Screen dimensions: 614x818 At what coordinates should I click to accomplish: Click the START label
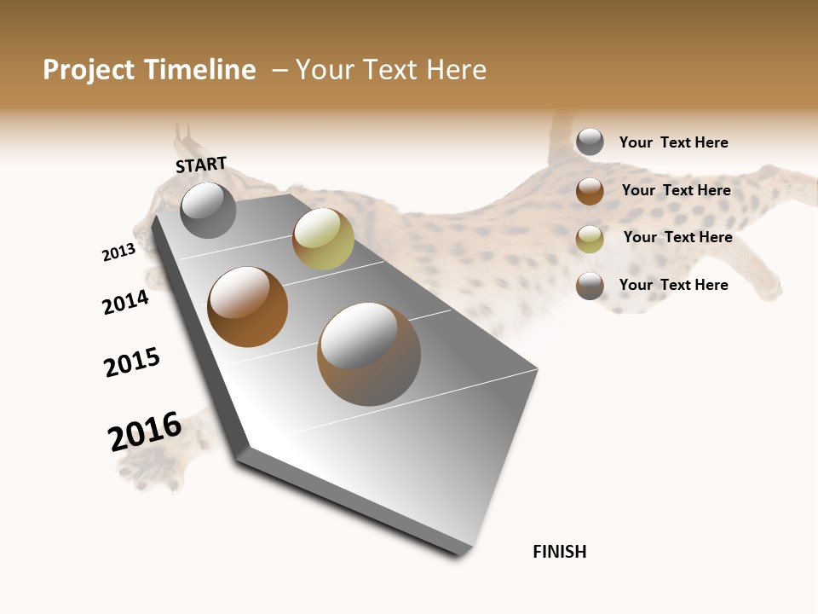coord(201,165)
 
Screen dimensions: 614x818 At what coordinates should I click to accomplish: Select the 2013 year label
coord(118,252)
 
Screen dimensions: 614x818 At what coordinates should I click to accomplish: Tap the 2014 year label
coord(125,302)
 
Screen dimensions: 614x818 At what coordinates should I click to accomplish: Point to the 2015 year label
coord(132,362)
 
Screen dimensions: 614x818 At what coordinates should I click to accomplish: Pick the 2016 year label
coord(145,431)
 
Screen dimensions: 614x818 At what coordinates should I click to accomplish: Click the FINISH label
coord(560,552)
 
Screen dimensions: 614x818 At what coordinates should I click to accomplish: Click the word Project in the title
coord(89,70)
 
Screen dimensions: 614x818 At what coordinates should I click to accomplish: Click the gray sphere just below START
coord(209,210)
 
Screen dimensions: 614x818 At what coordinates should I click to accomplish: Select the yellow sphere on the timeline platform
coord(323,239)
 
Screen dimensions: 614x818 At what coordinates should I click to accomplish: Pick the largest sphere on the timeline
coord(369,354)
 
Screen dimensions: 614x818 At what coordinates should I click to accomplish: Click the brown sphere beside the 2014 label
coord(248,307)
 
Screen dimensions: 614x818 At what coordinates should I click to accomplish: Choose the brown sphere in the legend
coord(590,191)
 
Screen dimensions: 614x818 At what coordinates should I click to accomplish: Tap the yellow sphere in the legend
coord(590,239)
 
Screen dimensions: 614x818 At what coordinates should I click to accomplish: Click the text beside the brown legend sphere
coord(676,190)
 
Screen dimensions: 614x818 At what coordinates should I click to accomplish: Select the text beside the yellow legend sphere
coord(677,237)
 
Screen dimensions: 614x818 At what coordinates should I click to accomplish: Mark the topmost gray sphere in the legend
coord(590,142)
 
